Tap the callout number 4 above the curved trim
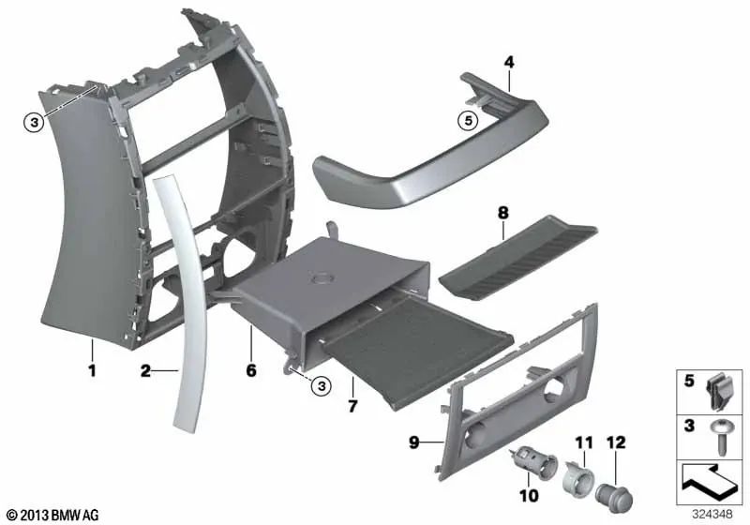pyautogui.click(x=508, y=62)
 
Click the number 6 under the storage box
pyautogui.click(x=250, y=370)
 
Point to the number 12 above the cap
pyautogui.click(x=615, y=440)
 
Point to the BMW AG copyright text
pyautogui.click(x=50, y=515)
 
